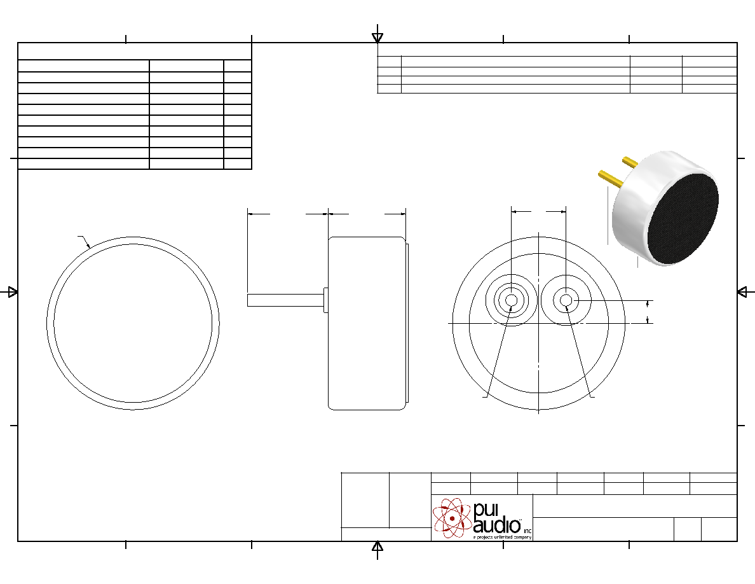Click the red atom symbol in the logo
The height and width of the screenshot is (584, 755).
pyautogui.click(x=452, y=518)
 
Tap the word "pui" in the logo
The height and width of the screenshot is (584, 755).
pyautogui.click(x=486, y=510)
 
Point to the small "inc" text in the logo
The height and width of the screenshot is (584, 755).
pyautogui.click(x=527, y=531)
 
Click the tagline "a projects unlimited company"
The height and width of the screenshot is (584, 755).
pyautogui.click(x=502, y=537)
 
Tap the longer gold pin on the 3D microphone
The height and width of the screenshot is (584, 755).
pyautogui.click(x=611, y=179)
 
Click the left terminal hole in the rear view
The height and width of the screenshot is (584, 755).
pyautogui.click(x=512, y=301)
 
